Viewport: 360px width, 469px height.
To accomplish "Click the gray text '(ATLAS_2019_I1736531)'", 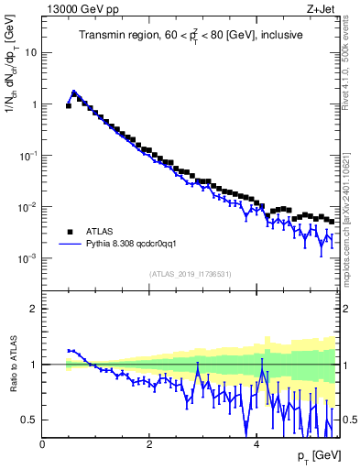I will point(190,274).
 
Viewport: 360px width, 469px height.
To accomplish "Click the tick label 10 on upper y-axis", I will point(30,52).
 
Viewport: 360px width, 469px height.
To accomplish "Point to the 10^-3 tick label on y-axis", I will point(27,259).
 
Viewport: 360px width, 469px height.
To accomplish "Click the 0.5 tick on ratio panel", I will point(28,420).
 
